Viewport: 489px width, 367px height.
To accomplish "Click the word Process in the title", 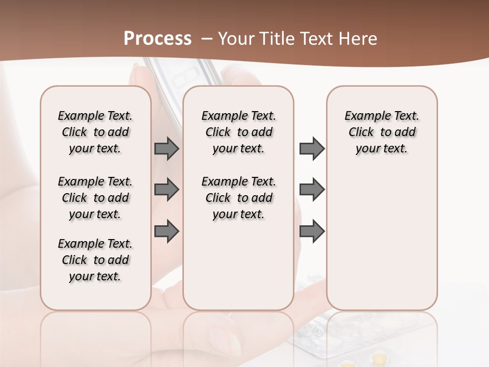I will [x=157, y=38].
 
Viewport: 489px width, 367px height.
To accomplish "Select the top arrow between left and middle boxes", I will [x=167, y=148].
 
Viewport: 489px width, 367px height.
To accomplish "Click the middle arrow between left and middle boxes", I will [x=167, y=190].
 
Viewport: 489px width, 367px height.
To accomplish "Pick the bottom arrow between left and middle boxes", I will [x=167, y=231].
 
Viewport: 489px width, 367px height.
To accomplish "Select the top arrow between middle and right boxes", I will [x=312, y=148].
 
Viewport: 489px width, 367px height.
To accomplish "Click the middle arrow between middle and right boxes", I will [x=312, y=190].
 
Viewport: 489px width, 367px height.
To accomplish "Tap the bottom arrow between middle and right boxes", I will [x=312, y=231].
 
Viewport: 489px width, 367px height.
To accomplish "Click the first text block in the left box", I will [x=95, y=132].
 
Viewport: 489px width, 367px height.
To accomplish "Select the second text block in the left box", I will [x=95, y=198].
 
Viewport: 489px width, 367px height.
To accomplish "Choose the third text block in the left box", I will [x=95, y=260].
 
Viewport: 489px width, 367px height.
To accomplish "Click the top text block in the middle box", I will [x=239, y=132].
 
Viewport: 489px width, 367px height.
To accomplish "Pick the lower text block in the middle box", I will [x=239, y=198].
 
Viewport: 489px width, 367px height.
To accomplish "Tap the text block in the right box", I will [x=382, y=132].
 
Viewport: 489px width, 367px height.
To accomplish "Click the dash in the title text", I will [x=207, y=39].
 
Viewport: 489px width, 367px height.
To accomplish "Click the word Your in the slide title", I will [x=235, y=39].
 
